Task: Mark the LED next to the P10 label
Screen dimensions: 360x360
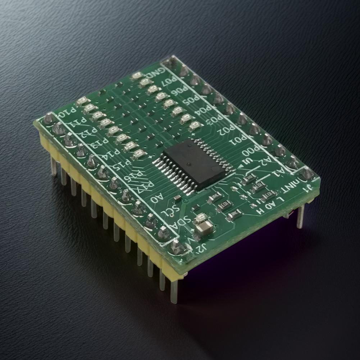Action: pos(82,101)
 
